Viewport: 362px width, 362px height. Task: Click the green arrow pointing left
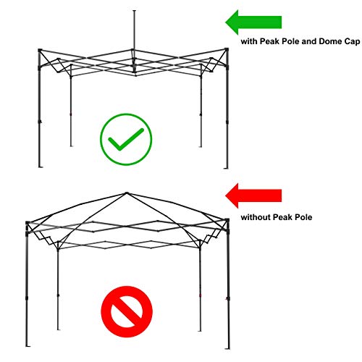(253, 22)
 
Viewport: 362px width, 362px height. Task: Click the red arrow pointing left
(253, 195)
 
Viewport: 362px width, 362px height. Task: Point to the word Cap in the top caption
(352, 42)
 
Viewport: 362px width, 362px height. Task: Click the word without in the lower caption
(256, 217)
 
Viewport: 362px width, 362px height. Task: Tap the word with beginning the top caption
(249, 41)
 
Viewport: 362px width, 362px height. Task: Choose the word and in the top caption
(309, 41)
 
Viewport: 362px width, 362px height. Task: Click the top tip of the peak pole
(135, 11)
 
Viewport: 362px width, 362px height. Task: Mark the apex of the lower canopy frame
(127, 193)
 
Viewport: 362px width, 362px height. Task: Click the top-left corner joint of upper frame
(40, 50)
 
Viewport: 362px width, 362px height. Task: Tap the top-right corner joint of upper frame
(227, 49)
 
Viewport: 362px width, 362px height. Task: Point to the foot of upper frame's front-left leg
(41, 167)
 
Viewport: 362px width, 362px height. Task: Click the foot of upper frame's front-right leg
(226, 168)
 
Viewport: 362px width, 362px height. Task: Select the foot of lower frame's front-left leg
(28, 346)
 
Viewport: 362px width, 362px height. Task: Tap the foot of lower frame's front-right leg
(227, 348)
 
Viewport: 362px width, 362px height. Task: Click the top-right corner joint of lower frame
(227, 220)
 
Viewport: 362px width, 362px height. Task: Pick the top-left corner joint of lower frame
(28, 222)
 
